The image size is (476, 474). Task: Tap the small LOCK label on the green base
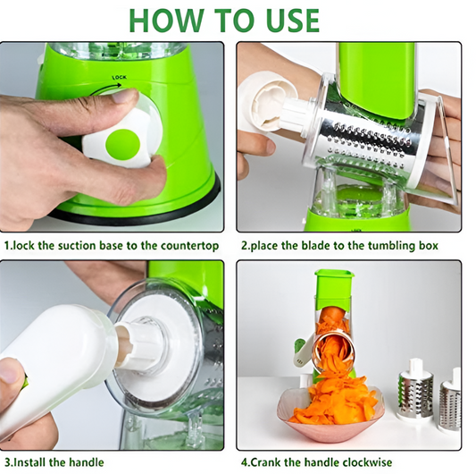point(120,78)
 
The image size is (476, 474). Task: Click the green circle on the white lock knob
point(121,142)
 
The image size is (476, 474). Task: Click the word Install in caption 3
point(33,462)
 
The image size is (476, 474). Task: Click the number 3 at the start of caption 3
point(6,462)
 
